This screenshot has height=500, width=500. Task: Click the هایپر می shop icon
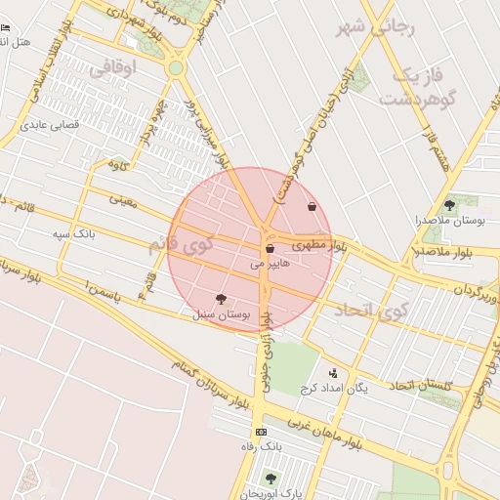point(270,249)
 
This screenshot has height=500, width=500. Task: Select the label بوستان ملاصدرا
point(449,222)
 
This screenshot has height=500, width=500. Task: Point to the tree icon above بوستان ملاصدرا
point(449,205)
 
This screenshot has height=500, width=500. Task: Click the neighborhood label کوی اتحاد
point(369,311)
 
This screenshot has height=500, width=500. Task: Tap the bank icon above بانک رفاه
point(260,432)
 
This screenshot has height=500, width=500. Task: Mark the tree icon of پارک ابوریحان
point(271,479)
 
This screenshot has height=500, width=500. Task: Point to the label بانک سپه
point(74,234)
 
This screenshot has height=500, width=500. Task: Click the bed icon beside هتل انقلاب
point(7,29)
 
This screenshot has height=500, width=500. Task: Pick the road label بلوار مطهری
point(318,240)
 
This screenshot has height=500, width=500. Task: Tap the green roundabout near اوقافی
point(175,68)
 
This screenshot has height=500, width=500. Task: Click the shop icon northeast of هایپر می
point(312,207)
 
